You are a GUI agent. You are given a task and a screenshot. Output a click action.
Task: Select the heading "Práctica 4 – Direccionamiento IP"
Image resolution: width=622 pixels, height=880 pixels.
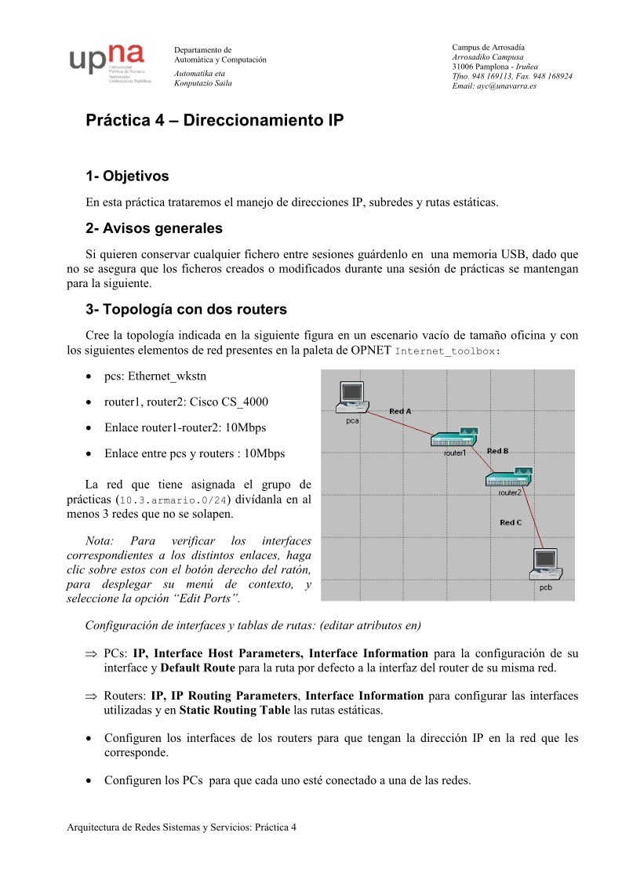tap(214, 122)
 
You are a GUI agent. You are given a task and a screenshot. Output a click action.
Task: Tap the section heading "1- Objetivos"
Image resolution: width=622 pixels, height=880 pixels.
tap(127, 176)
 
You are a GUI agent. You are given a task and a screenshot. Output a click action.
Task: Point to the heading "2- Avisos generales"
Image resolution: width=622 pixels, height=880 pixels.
tap(154, 228)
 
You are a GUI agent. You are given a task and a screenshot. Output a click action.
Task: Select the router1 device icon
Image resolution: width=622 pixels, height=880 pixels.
tap(455, 437)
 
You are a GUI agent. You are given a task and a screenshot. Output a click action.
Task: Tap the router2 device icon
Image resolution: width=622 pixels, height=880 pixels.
tap(509, 477)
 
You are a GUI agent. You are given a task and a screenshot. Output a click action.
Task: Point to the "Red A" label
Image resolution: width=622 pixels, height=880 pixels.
tap(400, 411)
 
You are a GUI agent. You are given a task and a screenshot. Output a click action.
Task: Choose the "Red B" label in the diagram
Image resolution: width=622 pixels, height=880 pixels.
tap(498, 451)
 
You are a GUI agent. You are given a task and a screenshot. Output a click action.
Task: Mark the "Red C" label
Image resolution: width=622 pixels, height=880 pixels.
tap(511, 522)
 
